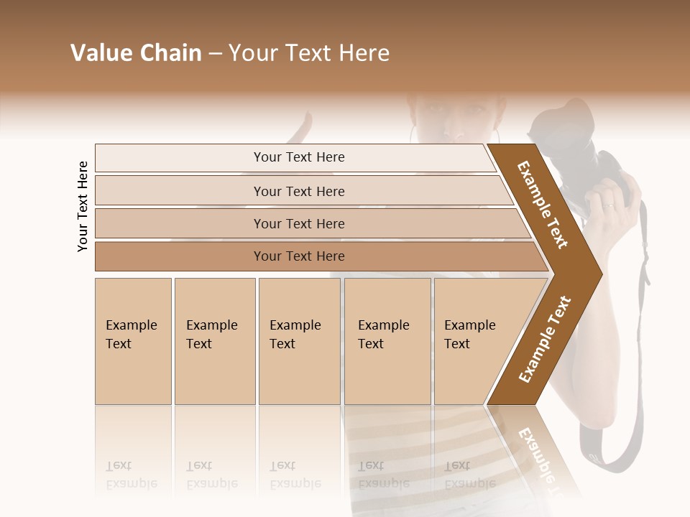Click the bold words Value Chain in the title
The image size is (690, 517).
136,53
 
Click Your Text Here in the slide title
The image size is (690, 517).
309,53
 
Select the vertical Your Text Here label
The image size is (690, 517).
83,206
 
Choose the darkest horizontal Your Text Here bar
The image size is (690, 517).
299,256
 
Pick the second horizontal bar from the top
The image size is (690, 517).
299,191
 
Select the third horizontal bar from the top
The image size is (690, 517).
299,223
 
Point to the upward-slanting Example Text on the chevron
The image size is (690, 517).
544,340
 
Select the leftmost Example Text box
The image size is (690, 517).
133,340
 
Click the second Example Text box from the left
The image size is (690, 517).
214,340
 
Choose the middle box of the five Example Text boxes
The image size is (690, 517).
299,340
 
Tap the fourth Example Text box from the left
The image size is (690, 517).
387,340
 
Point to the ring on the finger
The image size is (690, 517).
608,206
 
